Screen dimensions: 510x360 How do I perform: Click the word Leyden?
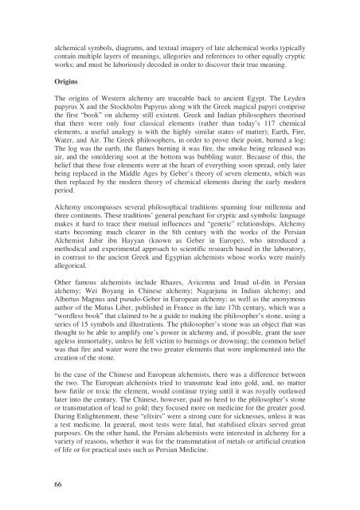(316, 104)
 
